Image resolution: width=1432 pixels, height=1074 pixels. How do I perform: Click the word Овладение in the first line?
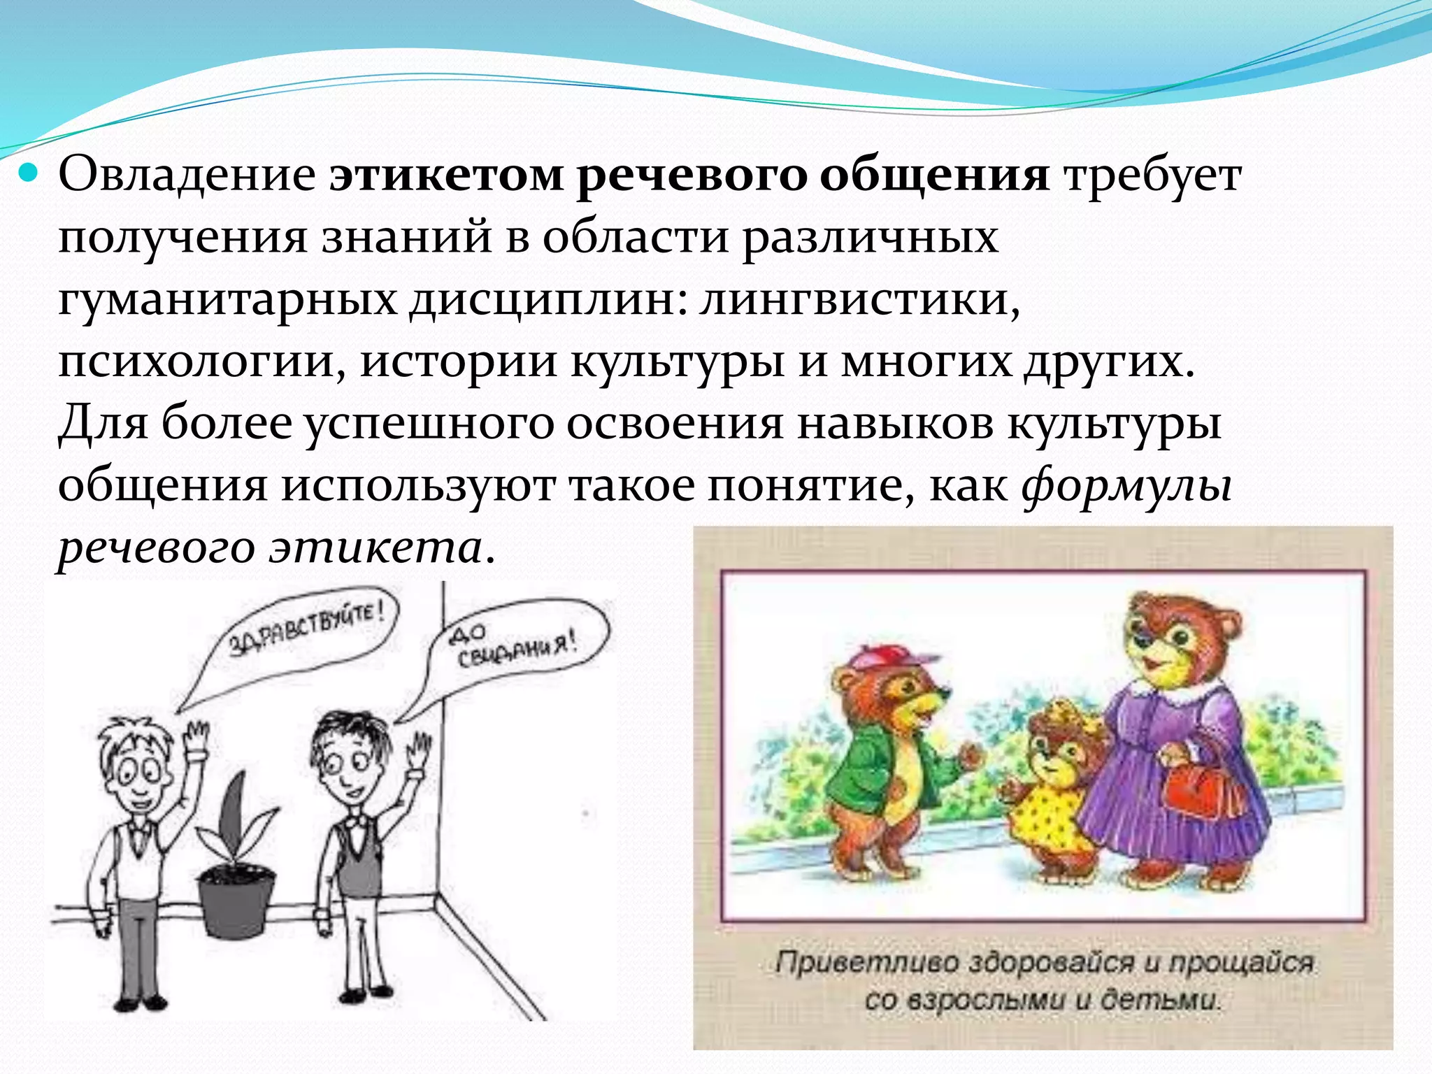point(187,175)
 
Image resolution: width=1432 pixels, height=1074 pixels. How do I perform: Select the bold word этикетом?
point(446,175)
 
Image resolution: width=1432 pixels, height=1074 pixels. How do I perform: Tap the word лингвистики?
point(859,299)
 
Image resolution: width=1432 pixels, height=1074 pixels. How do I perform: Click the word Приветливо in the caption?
point(866,964)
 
